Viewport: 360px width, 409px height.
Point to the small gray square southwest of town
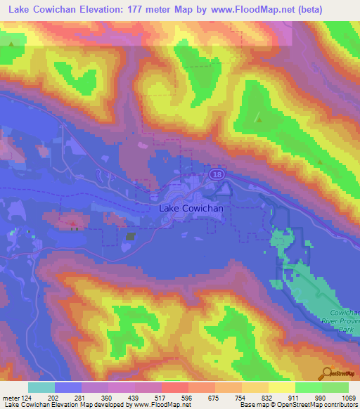point(131,237)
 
